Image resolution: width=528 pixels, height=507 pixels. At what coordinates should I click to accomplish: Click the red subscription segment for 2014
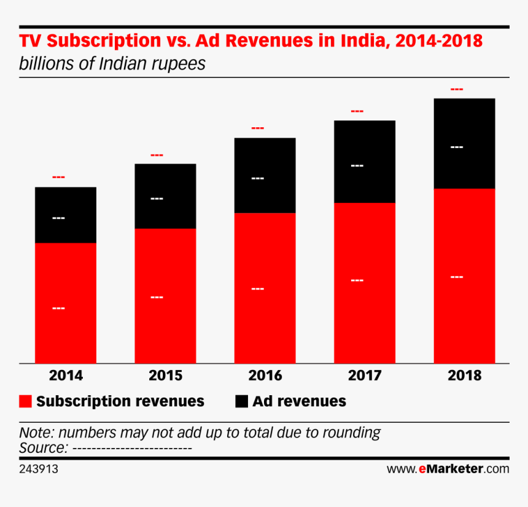[x=66, y=302]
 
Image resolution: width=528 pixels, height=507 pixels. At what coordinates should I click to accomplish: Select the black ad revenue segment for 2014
[x=66, y=214]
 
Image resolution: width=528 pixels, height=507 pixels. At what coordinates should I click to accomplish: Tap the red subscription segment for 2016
[x=265, y=288]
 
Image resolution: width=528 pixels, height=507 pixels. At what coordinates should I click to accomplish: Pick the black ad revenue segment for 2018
[x=464, y=143]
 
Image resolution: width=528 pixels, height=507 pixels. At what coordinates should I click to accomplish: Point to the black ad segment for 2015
[x=165, y=196]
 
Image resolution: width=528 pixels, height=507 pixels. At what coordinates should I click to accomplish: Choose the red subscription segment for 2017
[x=365, y=283]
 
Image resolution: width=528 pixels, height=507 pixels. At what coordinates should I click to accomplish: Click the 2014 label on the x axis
[x=66, y=375]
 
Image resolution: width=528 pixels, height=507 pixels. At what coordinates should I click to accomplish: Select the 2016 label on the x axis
[x=265, y=375]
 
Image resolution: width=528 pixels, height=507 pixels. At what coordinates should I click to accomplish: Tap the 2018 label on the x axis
[x=464, y=375]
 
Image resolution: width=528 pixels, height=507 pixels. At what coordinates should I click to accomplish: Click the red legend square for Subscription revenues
[x=26, y=401]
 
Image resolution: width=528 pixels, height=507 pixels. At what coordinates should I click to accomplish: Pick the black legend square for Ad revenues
[x=241, y=401]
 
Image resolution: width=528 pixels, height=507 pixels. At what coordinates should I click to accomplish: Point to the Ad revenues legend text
[x=300, y=401]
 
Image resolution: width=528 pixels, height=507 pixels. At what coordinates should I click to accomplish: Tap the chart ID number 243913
[x=39, y=469]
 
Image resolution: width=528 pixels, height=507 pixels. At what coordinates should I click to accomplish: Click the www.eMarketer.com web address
[x=448, y=469]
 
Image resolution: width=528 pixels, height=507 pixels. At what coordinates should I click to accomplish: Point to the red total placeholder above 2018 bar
[x=457, y=90]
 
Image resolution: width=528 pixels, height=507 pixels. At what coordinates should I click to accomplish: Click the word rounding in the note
[x=351, y=432]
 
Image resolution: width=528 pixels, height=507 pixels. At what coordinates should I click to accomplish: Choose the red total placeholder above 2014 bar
[x=58, y=178]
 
